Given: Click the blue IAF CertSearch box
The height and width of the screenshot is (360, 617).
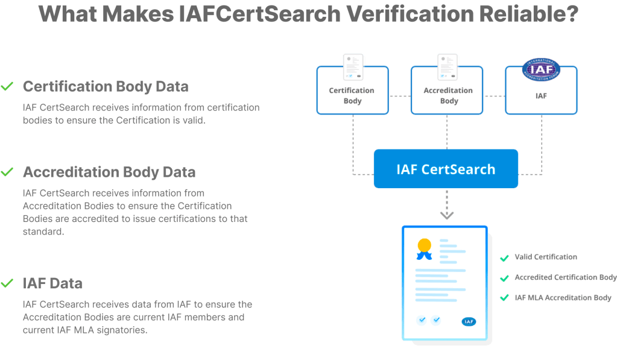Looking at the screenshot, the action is [x=446, y=169].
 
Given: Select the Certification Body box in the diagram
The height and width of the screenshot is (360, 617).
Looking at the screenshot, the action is [x=353, y=90].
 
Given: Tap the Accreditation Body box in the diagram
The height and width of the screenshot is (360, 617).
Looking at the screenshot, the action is [x=447, y=90].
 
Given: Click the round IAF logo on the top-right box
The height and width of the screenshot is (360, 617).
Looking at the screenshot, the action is [x=541, y=69].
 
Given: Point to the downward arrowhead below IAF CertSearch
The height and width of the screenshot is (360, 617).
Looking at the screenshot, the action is [x=447, y=215].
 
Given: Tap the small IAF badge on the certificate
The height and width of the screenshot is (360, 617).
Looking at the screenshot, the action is [x=469, y=322].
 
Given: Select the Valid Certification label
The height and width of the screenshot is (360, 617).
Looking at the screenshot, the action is [x=546, y=257].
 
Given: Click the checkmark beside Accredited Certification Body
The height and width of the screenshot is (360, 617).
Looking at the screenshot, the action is [x=504, y=279].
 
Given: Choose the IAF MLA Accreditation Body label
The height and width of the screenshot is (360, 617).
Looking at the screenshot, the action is [x=563, y=298].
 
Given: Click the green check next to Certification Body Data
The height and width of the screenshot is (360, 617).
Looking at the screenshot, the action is [x=7, y=86].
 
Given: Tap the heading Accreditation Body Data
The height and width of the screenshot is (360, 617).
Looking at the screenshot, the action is [x=109, y=172].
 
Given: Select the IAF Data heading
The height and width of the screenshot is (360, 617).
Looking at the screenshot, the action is [x=52, y=283].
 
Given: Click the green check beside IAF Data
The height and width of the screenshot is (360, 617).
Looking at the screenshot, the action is [x=7, y=283].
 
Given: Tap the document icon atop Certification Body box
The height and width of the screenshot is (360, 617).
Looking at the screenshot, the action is [x=353, y=68].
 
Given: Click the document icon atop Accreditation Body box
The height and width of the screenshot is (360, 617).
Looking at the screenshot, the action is [x=448, y=68].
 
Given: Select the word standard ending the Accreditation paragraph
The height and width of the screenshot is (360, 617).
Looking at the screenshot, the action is [x=43, y=232].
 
